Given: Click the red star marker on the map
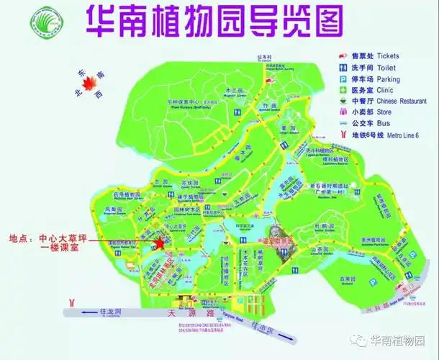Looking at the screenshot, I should [160, 243].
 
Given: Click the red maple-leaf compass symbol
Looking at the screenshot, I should [89, 86].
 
